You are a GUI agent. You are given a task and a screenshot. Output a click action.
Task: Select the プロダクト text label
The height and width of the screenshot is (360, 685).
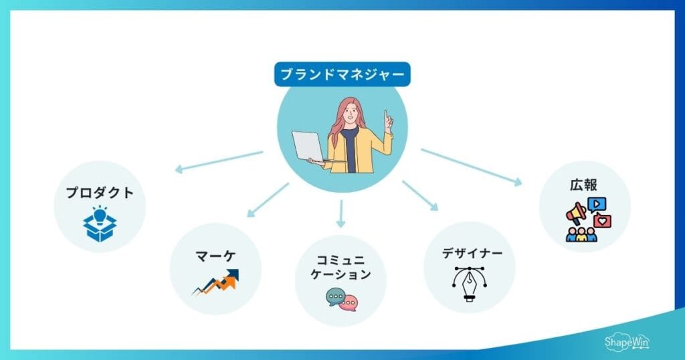coord(100,194)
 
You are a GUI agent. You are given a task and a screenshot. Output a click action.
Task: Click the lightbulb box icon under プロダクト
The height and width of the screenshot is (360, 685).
coord(100,224)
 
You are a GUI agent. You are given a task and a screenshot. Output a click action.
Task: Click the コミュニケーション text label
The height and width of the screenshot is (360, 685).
coord(342,266)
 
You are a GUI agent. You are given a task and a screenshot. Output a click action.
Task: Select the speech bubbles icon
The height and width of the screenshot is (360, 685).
coord(342,299)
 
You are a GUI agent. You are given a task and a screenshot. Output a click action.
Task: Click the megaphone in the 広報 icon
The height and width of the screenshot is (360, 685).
coord(576,213)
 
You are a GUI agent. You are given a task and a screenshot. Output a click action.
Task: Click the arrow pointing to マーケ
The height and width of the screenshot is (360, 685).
coord(267,201)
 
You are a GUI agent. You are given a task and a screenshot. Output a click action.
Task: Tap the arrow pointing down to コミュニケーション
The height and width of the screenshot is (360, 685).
coord(341,213)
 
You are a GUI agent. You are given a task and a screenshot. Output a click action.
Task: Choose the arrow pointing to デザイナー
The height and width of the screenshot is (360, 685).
coord(420,195)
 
